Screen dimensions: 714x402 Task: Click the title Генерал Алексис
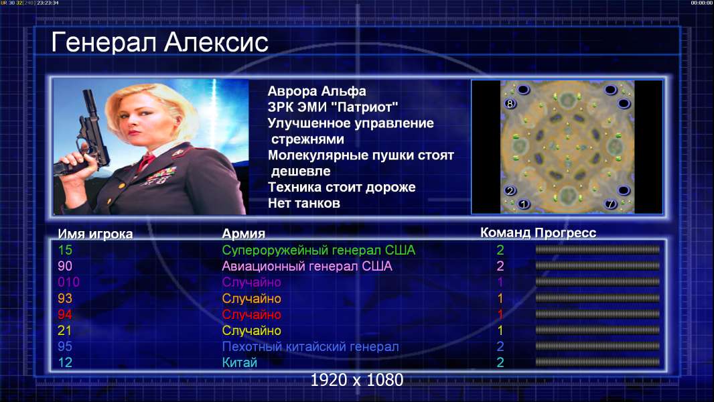(x=159, y=42)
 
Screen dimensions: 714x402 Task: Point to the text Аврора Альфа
(x=316, y=91)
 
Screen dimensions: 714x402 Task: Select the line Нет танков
(x=303, y=203)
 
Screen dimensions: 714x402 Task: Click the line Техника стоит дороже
(x=342, y=187)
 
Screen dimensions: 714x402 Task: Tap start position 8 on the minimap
(x=510, y=103)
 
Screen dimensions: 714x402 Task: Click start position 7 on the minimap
(x=611, y=204)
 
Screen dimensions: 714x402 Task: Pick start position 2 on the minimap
(x=510, y=190)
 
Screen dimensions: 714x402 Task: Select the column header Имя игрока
(x=95, y=234)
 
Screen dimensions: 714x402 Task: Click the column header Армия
(x=243, y=234)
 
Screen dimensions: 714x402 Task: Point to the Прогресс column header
(x=565, y=232)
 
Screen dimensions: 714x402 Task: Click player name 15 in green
(x=65, y=250)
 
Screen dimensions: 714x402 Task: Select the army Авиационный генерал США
(x=307, y=266)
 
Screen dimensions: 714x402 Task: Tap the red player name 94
(x=65, y=314)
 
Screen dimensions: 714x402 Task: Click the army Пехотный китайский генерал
(x=310, y=346)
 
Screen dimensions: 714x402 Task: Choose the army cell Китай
(x=240, y=362)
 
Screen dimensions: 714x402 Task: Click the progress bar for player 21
(x=597, y=330)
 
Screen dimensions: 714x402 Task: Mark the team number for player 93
(x=500, y=298)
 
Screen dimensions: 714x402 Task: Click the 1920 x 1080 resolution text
(x=356, y=380)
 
